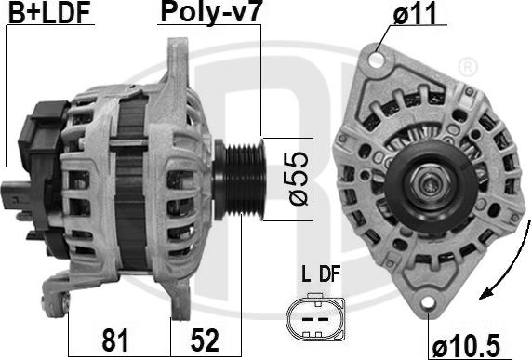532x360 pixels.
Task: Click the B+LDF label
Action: pos(49,12)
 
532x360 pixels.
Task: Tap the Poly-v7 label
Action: pos(210,12)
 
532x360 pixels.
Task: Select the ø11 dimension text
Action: pos(415,13)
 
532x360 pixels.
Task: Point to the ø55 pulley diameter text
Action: pos(299,179)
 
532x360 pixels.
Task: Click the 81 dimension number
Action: pos(115,340)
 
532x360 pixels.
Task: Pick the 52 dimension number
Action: pos(205,340)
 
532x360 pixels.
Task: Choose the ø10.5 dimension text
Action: pos(467,346)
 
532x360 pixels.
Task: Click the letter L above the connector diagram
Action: pos(306,274)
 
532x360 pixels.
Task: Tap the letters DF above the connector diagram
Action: pos(329,274)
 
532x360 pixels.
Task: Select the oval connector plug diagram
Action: pos(315,317)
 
